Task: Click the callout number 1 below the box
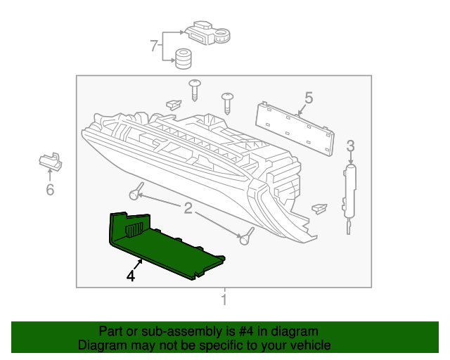click(224, 302)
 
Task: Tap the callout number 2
click(188, 207)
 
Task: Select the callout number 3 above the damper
click(350, 146)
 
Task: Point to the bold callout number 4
click(130, 276)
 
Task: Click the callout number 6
click(50, 190)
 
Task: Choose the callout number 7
click(154, 46)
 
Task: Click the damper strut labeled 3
click(349, 190)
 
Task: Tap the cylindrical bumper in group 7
click(184, 60)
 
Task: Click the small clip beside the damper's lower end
click(319, 208)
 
